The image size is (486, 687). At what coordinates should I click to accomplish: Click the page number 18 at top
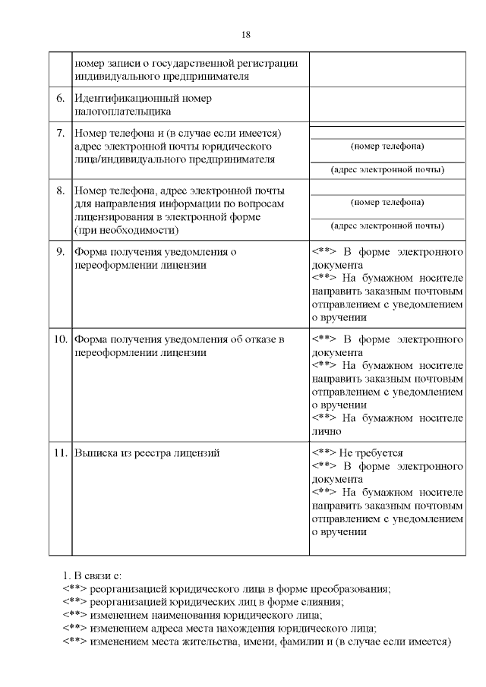click(x=245, y=35)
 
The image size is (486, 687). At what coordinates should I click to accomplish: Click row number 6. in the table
click(x=60, y=99)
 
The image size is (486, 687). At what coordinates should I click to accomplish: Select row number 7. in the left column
click(x=60, y=133)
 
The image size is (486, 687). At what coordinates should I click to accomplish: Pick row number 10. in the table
click(x=60, y=339)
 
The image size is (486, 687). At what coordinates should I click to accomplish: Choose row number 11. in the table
click(x=60, y=453)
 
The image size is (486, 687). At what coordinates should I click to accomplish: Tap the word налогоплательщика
click(x=118, y=112)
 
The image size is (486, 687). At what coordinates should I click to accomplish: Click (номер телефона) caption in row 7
click(x=387, y=145)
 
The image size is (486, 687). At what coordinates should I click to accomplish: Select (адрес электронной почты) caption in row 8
click(x=387, y=225)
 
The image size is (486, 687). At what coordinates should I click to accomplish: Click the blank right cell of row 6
click(x=387, y=105)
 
